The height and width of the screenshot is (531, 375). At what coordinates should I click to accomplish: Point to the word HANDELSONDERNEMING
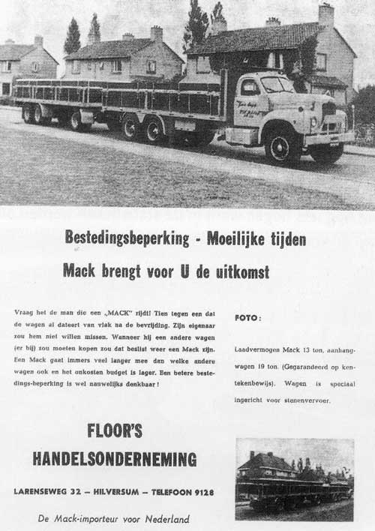tap(115, 459)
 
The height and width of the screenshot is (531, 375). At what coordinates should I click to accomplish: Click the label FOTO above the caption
tap(247, 318)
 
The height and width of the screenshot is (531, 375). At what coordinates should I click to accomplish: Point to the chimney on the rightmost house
tap(325, 15)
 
